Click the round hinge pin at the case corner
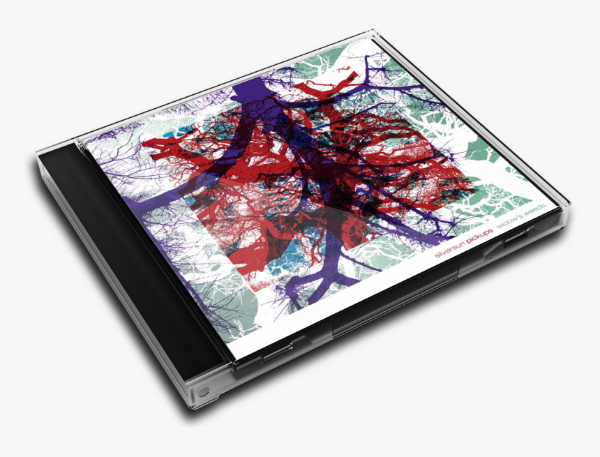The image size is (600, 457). click(204, 391)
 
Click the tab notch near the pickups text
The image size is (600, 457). click(517, 237)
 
